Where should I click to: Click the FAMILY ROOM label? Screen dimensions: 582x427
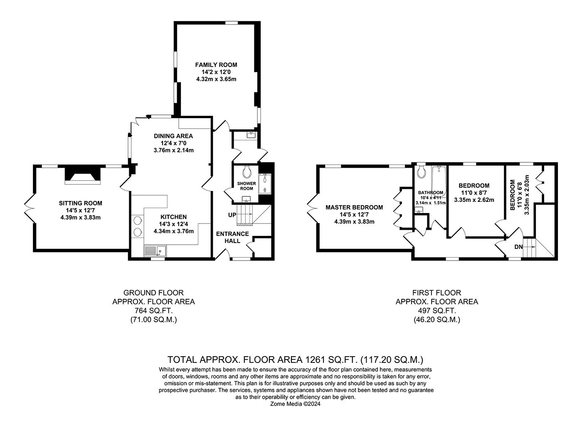tap(216, 65)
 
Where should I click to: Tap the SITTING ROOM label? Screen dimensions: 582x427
tap(81, 203)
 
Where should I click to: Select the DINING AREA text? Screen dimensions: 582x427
tap(173, 136)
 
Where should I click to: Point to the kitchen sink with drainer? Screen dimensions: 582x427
tap(155, 251)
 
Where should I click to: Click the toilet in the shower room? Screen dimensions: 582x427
tap(247, 171)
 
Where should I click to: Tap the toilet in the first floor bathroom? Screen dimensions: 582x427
tap(421, 172)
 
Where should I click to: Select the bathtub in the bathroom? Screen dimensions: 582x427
tap(439, 182)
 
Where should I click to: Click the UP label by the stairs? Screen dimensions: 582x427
tap(232, 215)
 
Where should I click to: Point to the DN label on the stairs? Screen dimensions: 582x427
tap(519, 247)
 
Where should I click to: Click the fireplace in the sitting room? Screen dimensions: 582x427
tap(82, 176)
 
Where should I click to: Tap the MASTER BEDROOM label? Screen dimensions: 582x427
tap(354, 207)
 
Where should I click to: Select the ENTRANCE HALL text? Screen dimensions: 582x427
tap(232, 237)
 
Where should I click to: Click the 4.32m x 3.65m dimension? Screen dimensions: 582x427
tap(216, 79)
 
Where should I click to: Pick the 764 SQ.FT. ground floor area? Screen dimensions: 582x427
tap(153, 310)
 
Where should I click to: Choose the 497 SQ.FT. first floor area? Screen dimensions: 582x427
tap(437, 310)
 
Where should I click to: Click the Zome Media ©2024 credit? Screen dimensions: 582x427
tap(296, 404)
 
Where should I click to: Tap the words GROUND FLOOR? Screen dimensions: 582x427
tap(153, 293)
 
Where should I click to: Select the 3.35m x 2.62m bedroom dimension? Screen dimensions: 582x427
tap(474, 200)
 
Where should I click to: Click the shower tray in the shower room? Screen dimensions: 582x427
tap(265, 184)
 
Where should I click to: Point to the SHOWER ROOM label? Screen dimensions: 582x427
tap(247, 186)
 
